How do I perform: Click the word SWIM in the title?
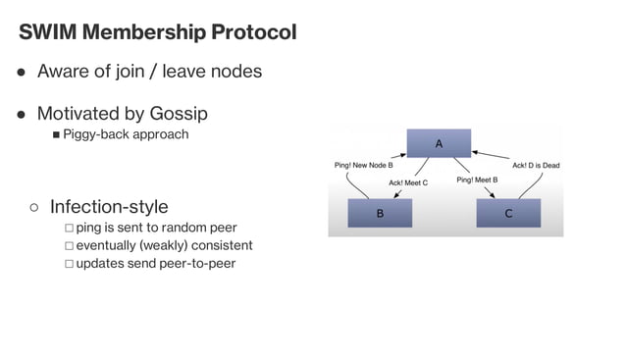48,32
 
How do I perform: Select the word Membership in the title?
143,32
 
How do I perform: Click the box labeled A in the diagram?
439,143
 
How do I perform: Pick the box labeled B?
380,212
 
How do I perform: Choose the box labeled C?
508,212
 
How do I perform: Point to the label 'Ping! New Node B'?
364,165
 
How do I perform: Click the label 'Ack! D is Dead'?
536,165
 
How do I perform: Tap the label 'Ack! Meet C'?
408,182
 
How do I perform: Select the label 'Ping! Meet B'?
478,180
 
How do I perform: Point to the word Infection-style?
109,206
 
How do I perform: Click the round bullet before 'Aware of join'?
21,73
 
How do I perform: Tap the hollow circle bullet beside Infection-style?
33,207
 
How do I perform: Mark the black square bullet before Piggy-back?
56,134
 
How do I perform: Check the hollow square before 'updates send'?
69,264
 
